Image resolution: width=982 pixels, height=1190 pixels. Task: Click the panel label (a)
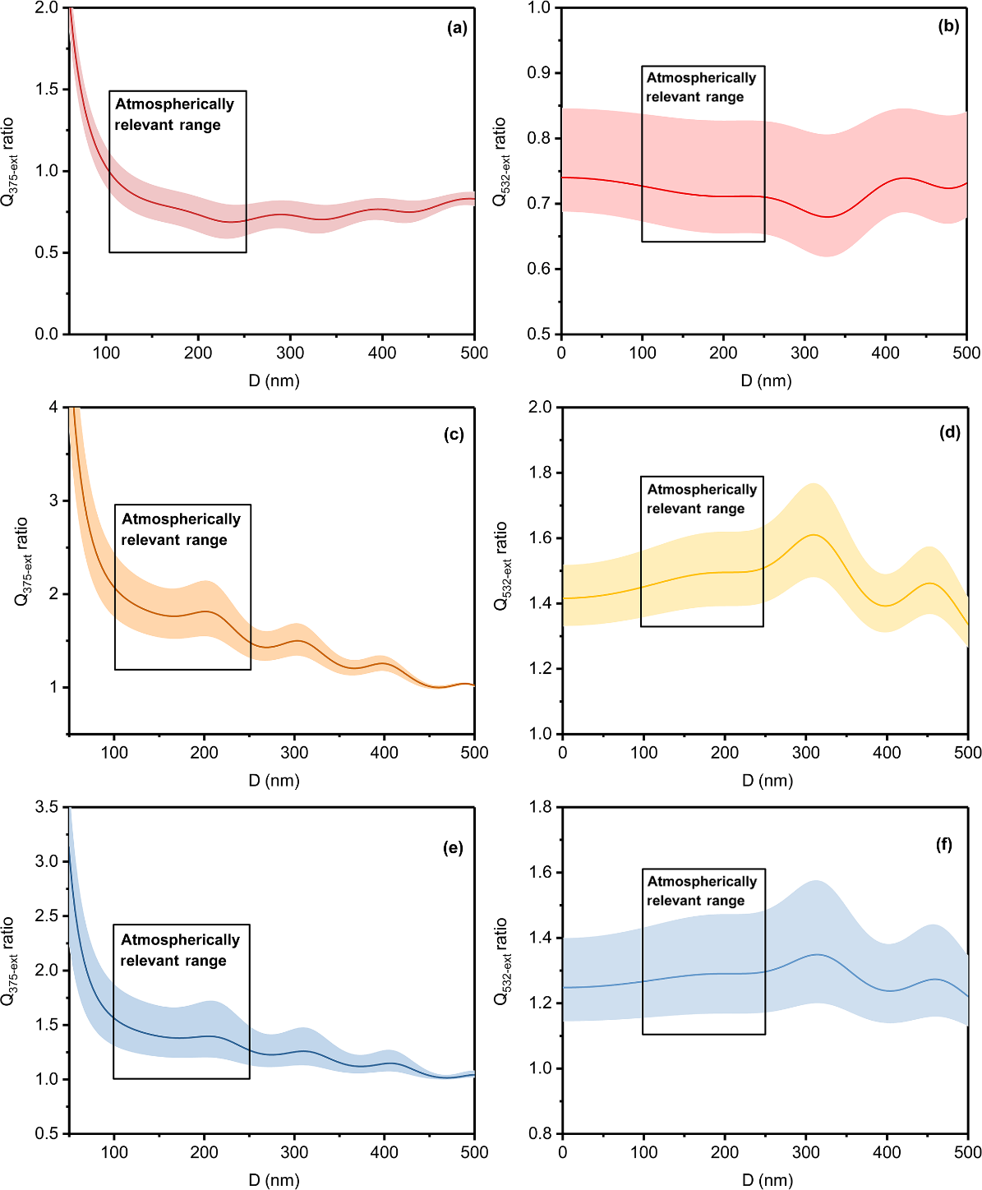click(x=457, y=28)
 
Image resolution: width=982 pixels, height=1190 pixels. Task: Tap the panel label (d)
click(x=950, y=432)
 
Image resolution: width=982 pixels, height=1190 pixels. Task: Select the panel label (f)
click(x=944, y=844)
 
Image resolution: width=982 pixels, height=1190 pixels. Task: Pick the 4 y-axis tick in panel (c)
click(x=53, y=408)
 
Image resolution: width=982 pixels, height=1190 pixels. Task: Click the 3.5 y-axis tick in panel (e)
click(x=48, y=807)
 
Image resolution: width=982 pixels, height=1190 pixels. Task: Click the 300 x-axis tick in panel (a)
click(x=290, y=353)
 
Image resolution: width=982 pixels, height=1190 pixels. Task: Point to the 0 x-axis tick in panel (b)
click(x=561, y=353)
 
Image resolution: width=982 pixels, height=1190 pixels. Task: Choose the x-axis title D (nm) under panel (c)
click(x=274, y=780)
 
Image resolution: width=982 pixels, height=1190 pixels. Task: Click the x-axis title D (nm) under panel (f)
click(x=767, y=1180)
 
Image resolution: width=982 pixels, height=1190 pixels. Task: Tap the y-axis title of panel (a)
click(x=11, y=162)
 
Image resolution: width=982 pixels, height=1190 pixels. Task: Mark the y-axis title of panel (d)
click(x=502, y=566)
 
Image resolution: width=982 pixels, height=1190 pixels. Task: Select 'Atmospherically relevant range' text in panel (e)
click(x=180, y=950)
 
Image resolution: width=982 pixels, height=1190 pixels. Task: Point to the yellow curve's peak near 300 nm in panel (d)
click(x=814, y=535)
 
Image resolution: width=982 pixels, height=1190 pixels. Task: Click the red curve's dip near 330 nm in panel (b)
click(x=827, y=217)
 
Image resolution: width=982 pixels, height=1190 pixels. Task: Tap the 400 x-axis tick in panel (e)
click(x=385, y=1152)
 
